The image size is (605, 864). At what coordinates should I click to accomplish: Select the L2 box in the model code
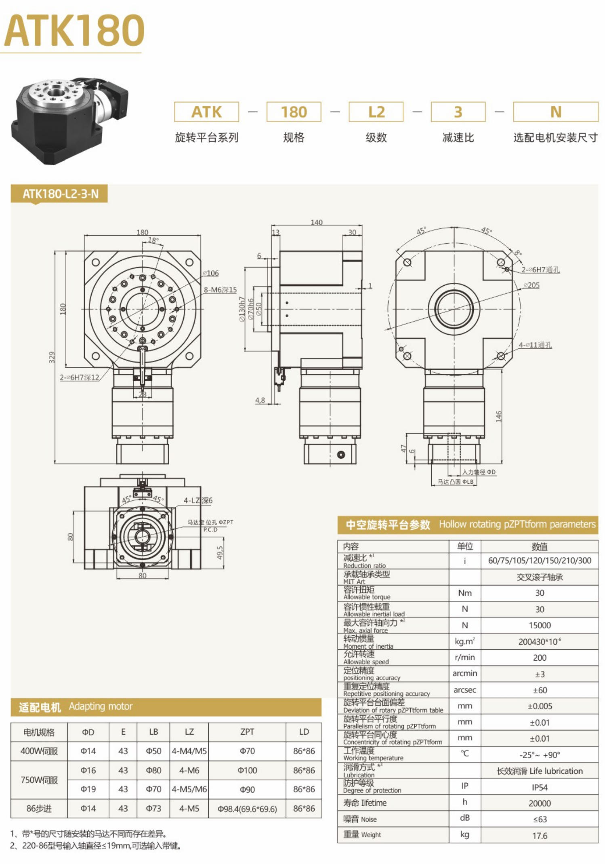[x=376, y=112]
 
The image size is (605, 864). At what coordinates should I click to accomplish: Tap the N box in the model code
[x=555, y=112]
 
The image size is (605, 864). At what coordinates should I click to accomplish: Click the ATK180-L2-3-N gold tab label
[x=60, y=194]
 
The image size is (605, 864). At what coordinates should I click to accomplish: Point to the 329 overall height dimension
[x=52, y=357]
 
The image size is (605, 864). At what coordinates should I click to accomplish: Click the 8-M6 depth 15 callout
[x=220, y=290]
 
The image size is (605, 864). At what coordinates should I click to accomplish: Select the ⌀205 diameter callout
[x=531, y=285]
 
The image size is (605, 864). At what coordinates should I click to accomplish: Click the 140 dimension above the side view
[x=316, y=222]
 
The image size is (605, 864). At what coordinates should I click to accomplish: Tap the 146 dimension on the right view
[x=498, y=416]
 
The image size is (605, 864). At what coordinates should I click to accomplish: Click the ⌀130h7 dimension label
[x=242, y=309]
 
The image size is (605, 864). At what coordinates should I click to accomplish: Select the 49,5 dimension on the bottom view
[x=220, y=552]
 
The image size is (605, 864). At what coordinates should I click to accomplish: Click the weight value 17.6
[x=539, y=835]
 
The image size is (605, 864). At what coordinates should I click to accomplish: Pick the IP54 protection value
[x=539, y=787]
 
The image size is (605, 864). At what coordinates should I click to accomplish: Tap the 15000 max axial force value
[x=539, y=625]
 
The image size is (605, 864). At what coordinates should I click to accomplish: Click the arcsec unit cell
[x=464, y=690]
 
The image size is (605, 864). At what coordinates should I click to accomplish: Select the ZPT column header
[x=247, y=731]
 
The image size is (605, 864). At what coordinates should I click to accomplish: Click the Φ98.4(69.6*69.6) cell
[x=247, y=809]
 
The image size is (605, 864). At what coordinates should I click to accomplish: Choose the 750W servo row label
[x=39, y=780]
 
